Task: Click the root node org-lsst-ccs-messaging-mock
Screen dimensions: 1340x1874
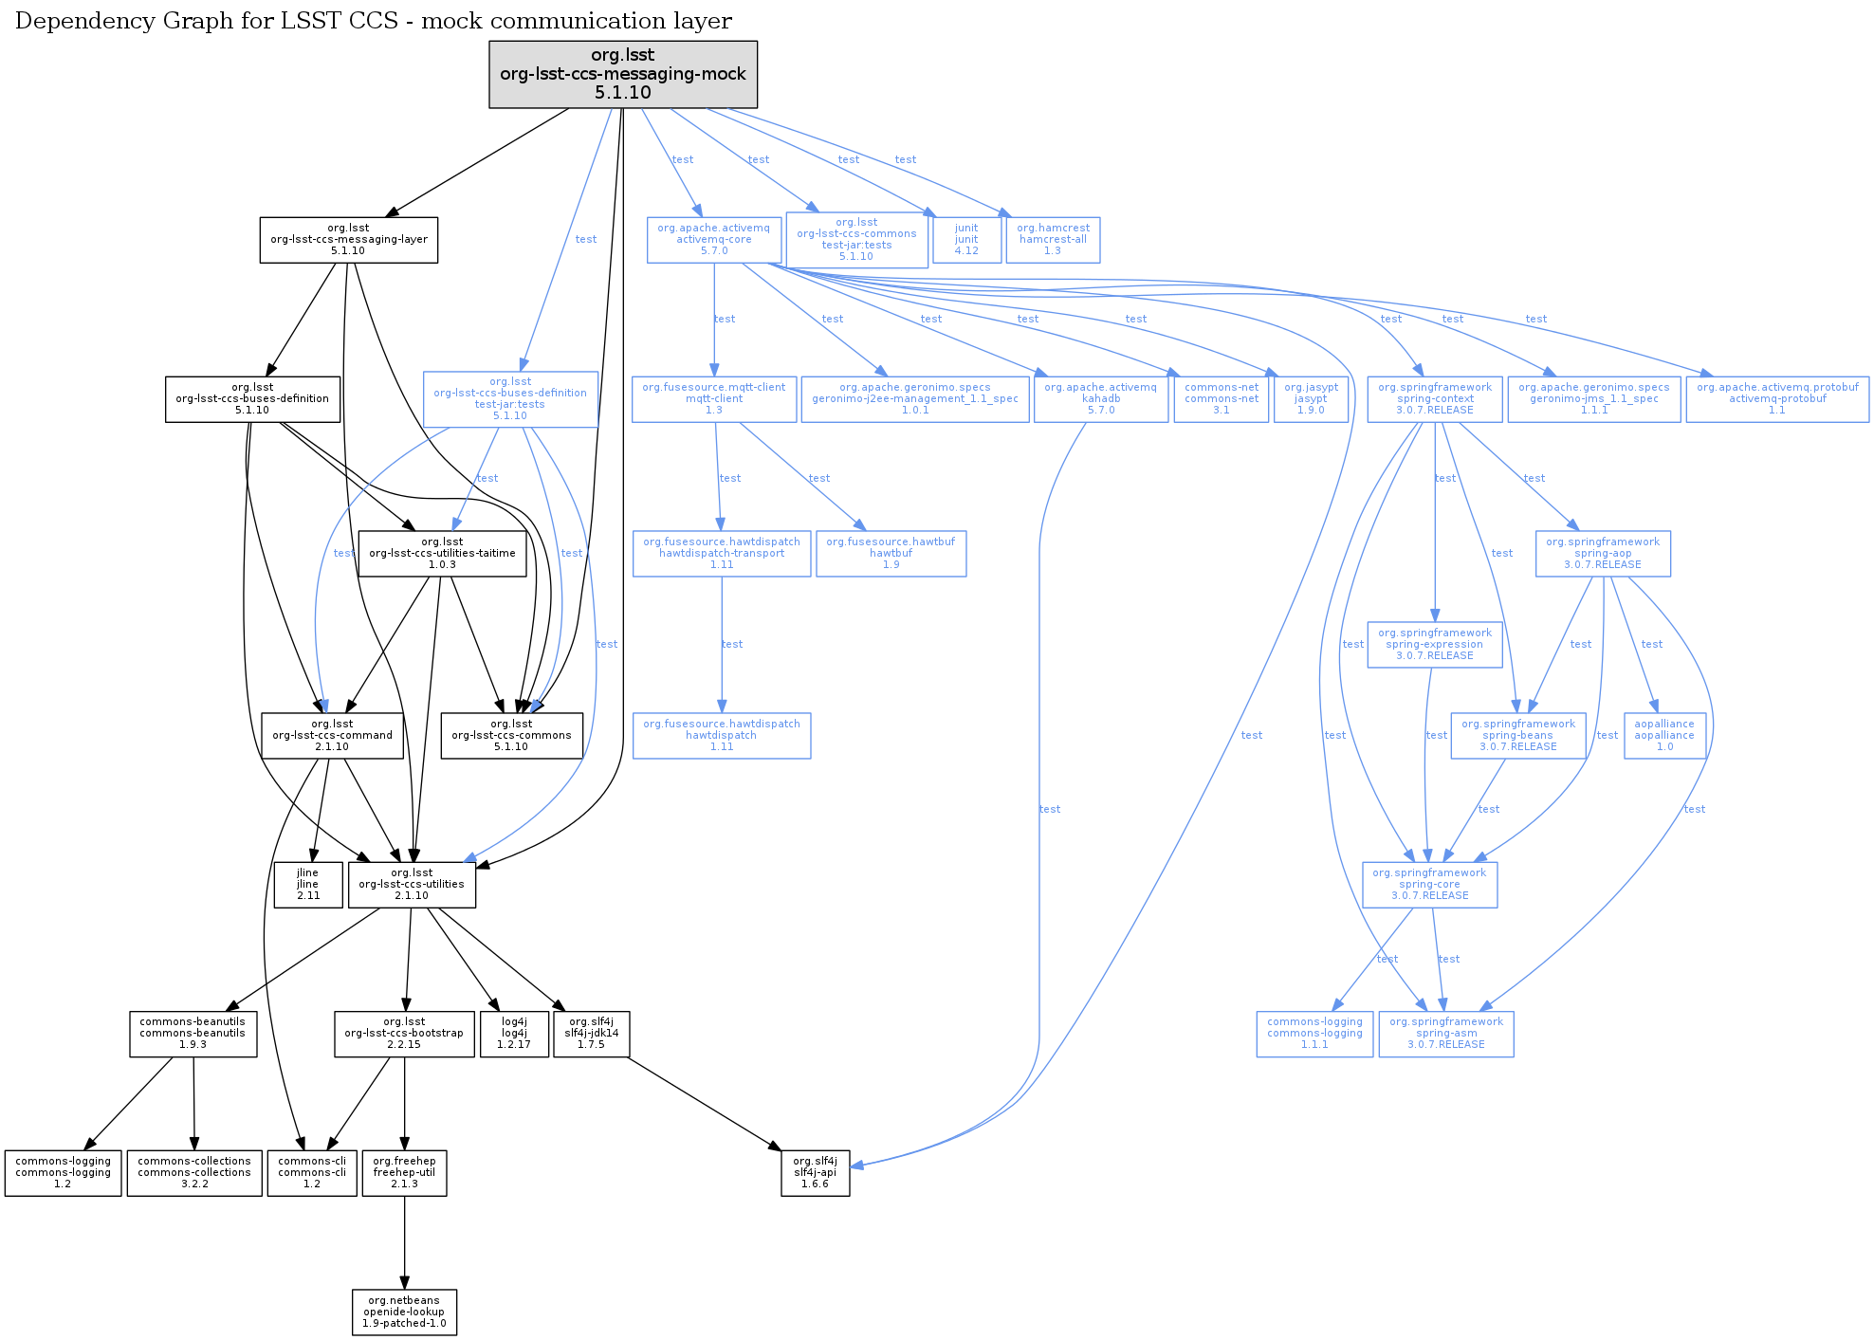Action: [x=623, y=74]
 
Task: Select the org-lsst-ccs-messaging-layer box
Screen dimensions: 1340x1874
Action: [x=349, y=240]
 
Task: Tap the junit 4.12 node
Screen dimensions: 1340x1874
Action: [x=966, y=240]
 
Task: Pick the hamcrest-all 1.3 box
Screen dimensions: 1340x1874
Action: [x=1053, y=240]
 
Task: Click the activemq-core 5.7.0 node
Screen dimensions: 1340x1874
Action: [x=714, y=240]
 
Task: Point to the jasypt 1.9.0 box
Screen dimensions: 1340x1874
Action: [x=1311, y=399]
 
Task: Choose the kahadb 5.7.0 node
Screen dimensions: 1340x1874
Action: [x=1101, y=399]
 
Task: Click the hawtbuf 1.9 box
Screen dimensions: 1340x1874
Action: [x=891, y=554]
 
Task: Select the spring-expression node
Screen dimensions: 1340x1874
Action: [x=1434, y=645]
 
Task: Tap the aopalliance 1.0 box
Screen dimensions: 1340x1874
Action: [x=1664, y=736]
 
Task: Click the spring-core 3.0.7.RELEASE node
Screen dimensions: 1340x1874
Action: [x=1429, y=885]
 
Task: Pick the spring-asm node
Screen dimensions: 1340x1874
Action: [x=1445, y=1034]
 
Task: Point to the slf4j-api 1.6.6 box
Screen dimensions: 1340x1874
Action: [x=815, y=1173]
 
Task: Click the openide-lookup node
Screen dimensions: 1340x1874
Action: [x=404, y=1312]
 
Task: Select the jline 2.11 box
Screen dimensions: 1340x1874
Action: [x=308, y=885]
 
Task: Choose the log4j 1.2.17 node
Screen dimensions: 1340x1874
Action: [x=514, y=1034]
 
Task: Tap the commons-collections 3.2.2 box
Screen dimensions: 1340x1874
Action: [x=194, y=1173]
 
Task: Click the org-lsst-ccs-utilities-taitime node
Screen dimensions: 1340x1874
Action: [x=442, y=554]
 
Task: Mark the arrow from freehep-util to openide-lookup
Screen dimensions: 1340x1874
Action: [x=405, y=1242]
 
